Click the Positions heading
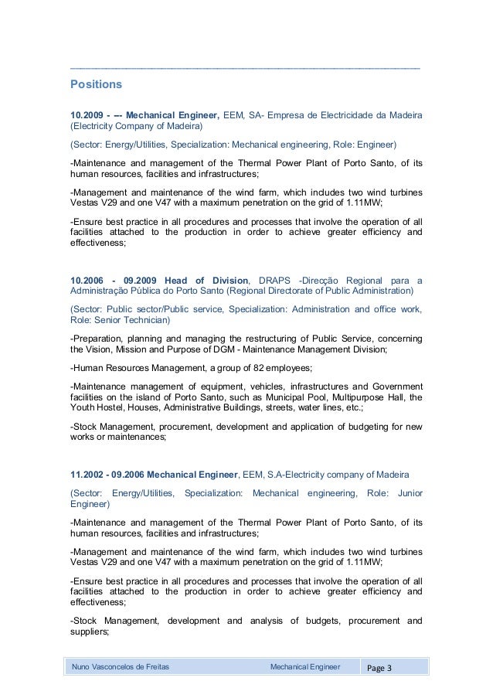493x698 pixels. (x=97, y=82)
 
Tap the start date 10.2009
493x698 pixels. (x=86, y=116)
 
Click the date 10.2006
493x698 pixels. (x=86, y=280)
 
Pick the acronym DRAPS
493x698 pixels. (x=280, y=280)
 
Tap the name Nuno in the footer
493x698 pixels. (x=83, y=666)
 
